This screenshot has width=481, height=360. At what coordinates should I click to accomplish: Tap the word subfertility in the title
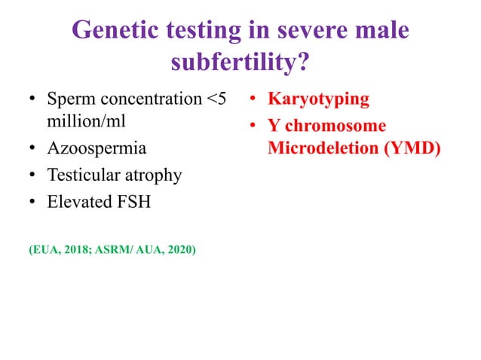[234, 63]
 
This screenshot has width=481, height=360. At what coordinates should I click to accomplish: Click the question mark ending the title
[302, 63]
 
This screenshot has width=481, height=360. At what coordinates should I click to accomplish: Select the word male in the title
[379, 31]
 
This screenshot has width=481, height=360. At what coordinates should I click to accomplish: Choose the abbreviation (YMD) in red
[412, 149]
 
